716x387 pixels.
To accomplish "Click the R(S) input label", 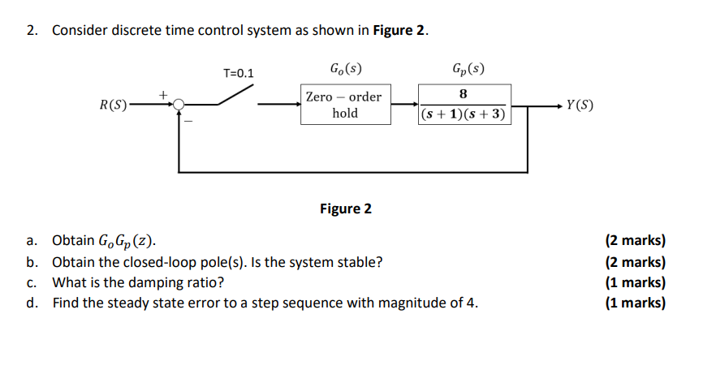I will tap(112, 105).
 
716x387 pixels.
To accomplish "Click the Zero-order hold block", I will tap(344, 105).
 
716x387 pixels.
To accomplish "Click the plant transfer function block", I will tap(464, 105).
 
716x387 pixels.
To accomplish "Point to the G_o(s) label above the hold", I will tap(345, 68).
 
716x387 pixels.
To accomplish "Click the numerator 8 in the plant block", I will tap(464, 94).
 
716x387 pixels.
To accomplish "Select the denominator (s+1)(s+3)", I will tap(464, 114).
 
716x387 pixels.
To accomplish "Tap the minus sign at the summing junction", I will tap(190, 122).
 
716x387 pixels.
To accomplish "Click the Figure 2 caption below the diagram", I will tap(345, 209).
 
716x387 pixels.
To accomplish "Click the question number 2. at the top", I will tap(32, 31).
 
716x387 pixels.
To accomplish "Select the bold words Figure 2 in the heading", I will tap(399, 31).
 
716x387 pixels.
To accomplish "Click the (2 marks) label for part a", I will tap(635, 241).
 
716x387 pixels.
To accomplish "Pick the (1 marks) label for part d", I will tap(635, 303).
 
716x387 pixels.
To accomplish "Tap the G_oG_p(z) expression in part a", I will tap(126, 242).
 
